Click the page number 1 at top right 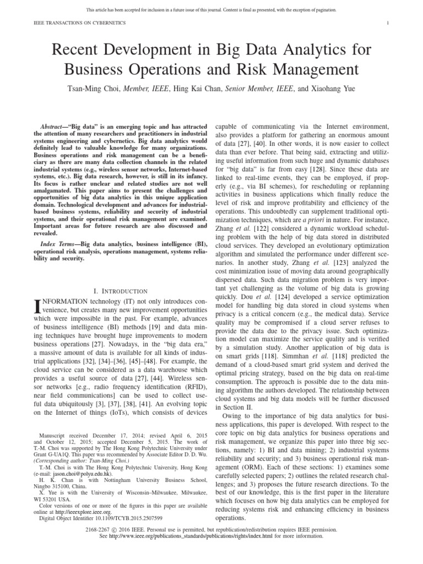[388, 23]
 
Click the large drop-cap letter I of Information [37, 306]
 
